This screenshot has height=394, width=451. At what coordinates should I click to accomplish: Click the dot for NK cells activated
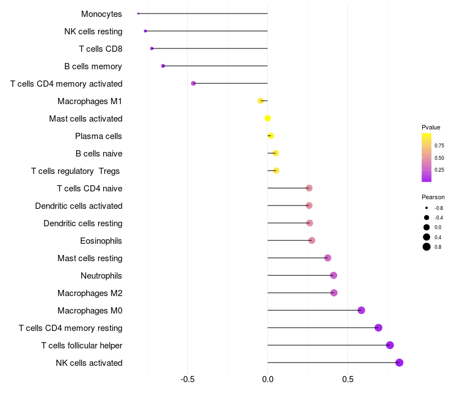point(399,362)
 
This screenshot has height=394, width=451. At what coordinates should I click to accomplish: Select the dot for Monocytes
point(138,14)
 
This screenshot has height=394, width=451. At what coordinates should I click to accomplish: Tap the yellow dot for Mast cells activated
point(268,118)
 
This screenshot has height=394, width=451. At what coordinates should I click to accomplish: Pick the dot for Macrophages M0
point(361,310)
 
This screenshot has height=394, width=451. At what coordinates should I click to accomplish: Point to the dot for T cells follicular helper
point(390,345)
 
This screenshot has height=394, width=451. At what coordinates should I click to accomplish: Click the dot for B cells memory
point(163,66)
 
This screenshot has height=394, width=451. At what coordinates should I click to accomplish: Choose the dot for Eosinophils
point(312,240)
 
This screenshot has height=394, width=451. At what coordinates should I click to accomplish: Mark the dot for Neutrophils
point(333,275)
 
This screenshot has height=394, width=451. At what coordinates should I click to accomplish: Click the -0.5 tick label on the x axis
point(188,380)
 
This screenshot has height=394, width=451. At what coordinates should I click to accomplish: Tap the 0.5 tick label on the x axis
point(348,380)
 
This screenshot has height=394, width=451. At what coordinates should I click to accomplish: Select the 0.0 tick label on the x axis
point(268,380)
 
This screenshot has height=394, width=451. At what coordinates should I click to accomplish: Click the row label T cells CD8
point(100,49)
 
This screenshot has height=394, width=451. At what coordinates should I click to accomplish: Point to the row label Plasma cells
point(99,136)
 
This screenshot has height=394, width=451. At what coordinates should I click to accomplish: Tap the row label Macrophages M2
point(90,293)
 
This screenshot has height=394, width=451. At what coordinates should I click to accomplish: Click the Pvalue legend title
point(431,127)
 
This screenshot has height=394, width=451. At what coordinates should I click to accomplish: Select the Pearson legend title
point(433,197)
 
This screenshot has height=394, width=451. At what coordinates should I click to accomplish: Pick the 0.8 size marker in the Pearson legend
point(427,247)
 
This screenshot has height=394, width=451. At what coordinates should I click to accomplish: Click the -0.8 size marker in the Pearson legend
point(427,208)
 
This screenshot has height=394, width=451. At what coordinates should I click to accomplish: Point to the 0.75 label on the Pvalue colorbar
point(439,145)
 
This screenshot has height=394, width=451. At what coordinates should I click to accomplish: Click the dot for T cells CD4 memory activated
point(193,83)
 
